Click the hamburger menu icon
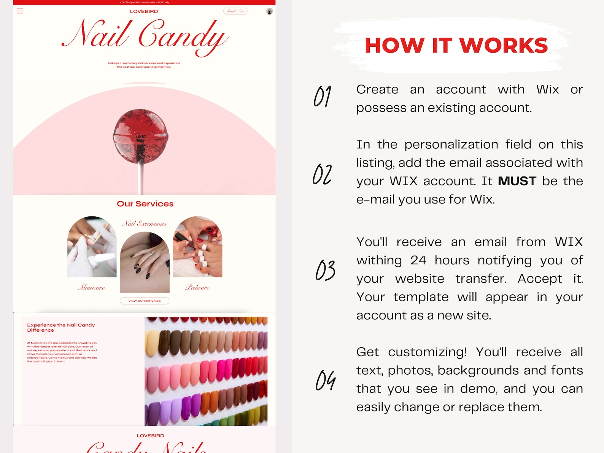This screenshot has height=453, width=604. tap(20, 11)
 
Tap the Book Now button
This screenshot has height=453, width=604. tap(235, 11)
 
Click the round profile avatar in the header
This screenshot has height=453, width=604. tap(270, 11)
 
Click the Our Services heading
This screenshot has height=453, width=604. tap(145, 204)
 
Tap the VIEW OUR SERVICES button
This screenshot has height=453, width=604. tap(145, 301)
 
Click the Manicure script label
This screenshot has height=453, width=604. tap(92, 288)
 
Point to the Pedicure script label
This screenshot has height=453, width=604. tap(197, 288)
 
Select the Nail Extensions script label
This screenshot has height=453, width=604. tap(144, 224)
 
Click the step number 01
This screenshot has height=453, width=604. tap(323, 96)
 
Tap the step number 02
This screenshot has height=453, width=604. tap(323, 174)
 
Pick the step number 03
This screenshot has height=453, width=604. tap(325, 270)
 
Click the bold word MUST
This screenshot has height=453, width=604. tap(517, 181)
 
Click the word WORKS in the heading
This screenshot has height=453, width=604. tap(504, 46)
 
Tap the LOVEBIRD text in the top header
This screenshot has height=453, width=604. tap(144, 11)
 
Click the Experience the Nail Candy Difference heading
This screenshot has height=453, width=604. tap(61, 327)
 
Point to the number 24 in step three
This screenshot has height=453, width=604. tap(418, 260)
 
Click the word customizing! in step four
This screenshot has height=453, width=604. tap(427, 352)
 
